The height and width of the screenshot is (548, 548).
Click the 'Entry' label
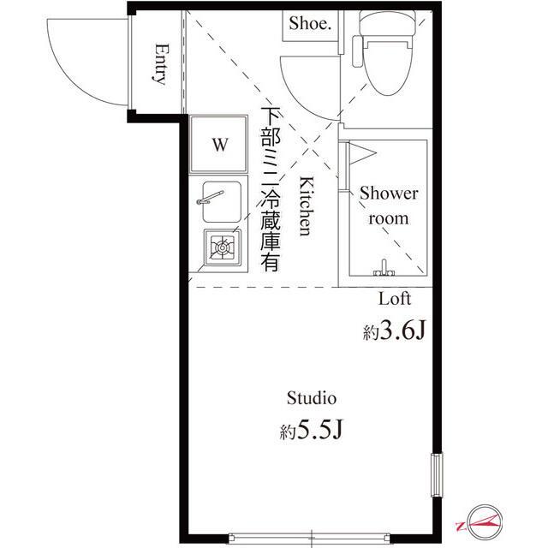[x=159, y=65]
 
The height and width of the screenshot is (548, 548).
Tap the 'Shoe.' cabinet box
[x=309, y=25]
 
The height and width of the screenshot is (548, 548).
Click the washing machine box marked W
[x=220, y=145]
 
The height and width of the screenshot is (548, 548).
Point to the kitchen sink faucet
[x=210, y=200]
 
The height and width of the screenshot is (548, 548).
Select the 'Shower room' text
[x=388, y=205]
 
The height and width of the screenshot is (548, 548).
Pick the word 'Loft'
[x=395, y=299]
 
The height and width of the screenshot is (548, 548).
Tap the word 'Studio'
[x=311, y=397]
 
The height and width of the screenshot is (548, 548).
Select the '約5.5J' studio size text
[x=311, y=430]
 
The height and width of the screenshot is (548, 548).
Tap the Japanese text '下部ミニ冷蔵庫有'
[x=271, y=190]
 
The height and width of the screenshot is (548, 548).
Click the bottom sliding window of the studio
[x=313, y=539]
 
